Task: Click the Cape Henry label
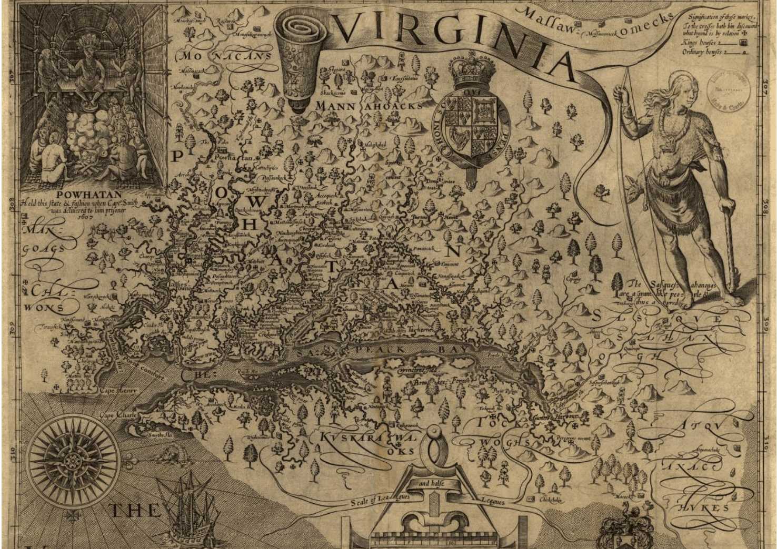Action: pyautogui.click(x=115, y=391)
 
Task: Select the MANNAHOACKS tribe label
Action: pyautogui.click(x=368, y=106)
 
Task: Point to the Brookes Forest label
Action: pyautogui.click(x=434, y=382)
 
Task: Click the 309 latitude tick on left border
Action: pyautogui.click(x=12, y=332)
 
